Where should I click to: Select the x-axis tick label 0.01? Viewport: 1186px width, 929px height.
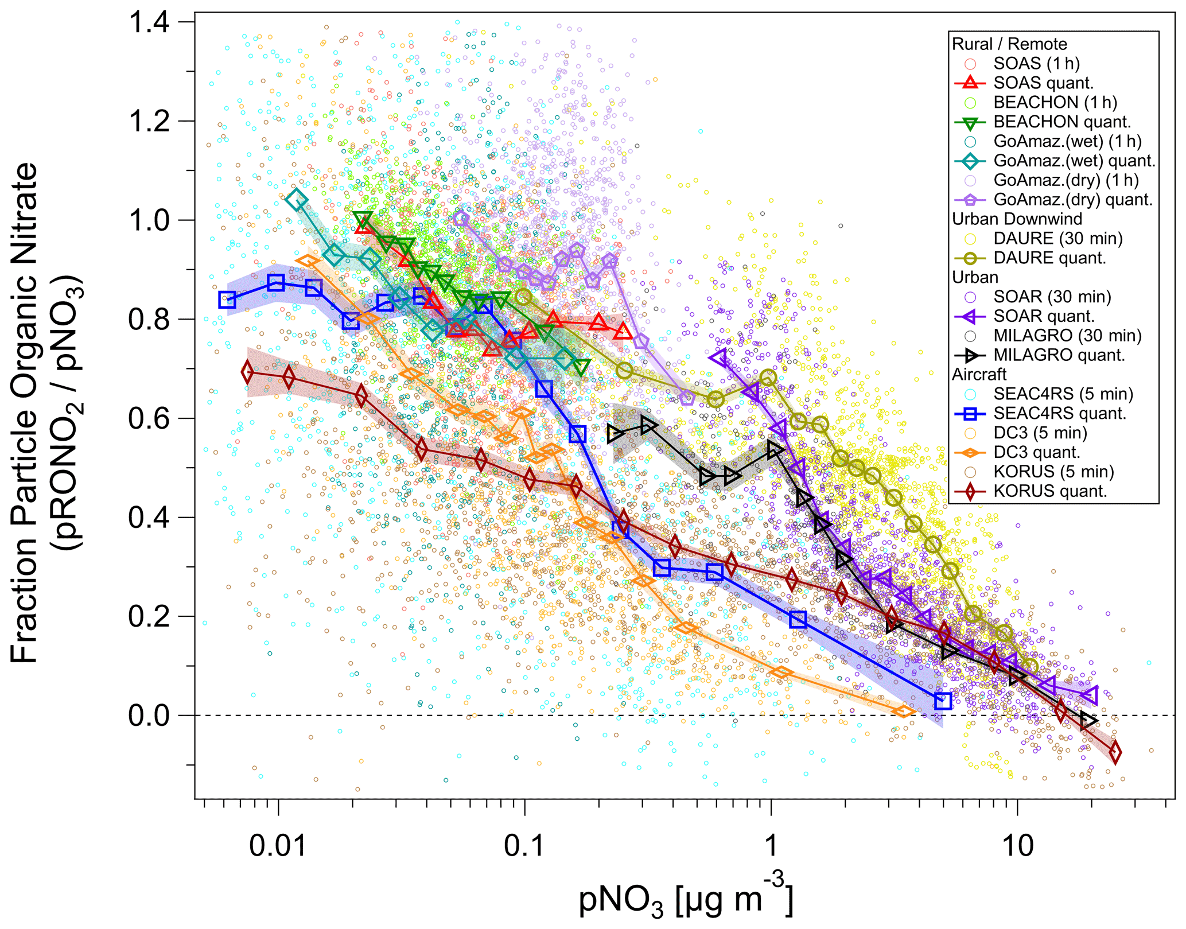(278, 846)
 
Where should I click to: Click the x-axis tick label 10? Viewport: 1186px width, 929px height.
(1017, 846)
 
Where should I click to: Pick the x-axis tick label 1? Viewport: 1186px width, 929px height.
(771, 846)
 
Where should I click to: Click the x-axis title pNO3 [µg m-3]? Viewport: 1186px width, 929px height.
(686, 898)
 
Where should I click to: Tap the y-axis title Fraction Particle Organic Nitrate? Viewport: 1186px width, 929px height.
(26, 413)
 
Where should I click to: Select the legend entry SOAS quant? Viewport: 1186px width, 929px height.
(1043, 83)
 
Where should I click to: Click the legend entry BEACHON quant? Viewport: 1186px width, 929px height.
(1061, 122)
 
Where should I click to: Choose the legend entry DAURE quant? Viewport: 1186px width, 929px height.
(1049, 258)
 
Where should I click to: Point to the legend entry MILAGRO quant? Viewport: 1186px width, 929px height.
(1059, 355)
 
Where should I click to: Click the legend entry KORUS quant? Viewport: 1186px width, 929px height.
(1050, 491)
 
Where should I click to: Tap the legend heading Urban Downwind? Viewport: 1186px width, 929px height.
(1017, 219)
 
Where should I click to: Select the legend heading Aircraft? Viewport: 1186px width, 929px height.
(979, 374)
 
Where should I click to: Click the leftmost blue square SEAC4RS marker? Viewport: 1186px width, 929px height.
(227, 300)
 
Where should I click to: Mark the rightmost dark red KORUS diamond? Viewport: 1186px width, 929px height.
(1115, 753)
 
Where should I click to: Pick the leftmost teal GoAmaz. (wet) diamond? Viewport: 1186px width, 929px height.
(297, 200)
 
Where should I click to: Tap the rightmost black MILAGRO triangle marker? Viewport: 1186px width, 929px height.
(1088, 720)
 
